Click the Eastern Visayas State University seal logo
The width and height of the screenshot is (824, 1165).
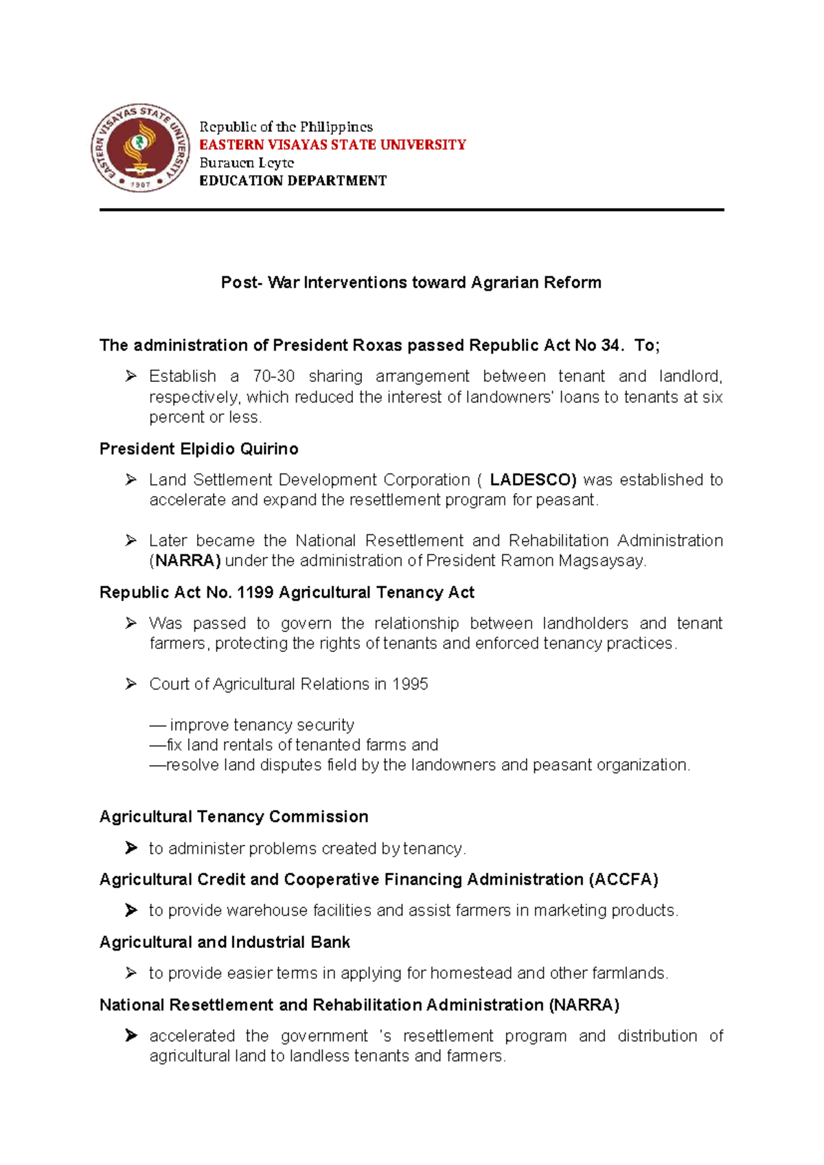coord(141,148)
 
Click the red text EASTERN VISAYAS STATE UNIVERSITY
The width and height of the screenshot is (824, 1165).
coord(332,145)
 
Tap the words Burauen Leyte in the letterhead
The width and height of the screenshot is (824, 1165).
coord(247,163)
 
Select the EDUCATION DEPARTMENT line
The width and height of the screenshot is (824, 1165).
coord(293,181)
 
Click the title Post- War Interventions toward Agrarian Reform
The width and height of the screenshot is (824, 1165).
coord(411,282)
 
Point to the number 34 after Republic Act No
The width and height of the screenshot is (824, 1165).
coord(610,345)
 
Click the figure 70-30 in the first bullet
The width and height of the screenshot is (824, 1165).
coord(273,376)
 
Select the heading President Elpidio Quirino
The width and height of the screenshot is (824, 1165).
coord(198,449)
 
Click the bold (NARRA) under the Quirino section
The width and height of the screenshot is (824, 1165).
coord(185,561)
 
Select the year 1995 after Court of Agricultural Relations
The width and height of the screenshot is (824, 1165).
coord(410,684)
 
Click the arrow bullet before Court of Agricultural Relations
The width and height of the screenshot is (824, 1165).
coord(131,684)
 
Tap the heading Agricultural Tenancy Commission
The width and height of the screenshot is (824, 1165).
coord(233,816)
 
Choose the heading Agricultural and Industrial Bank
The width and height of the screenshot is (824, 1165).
coord(225,942)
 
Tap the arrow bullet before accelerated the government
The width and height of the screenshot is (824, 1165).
coord(131,1035)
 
